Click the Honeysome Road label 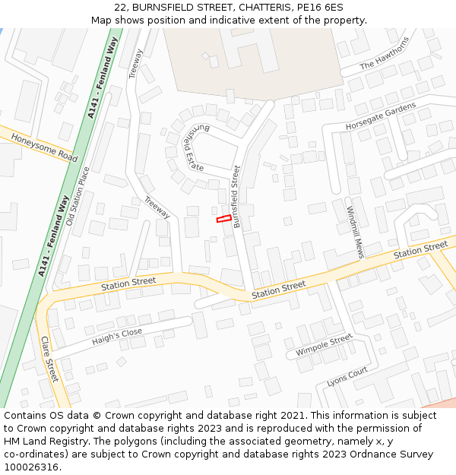click(x=45, y=147)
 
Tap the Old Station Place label click(x=78, y=196)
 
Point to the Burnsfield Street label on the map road click(x=237, y=196)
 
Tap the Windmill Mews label click(x=355, y=232)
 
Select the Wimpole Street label click(x=324, y=346)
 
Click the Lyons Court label click(x=347, y=377)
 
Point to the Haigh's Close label click(x=117, y=335)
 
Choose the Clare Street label click(x=49, y=359)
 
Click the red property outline click(x=223, y=219)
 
